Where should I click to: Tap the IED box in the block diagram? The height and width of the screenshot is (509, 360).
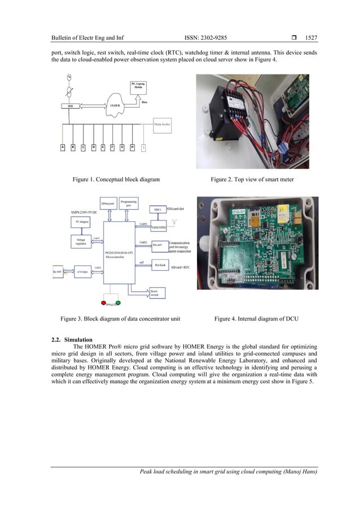point(66,106)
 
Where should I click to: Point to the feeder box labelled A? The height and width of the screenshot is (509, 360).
point(63,148)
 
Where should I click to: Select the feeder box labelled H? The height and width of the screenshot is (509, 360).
point(131,148)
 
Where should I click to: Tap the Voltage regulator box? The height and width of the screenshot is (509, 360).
point(81,242)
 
